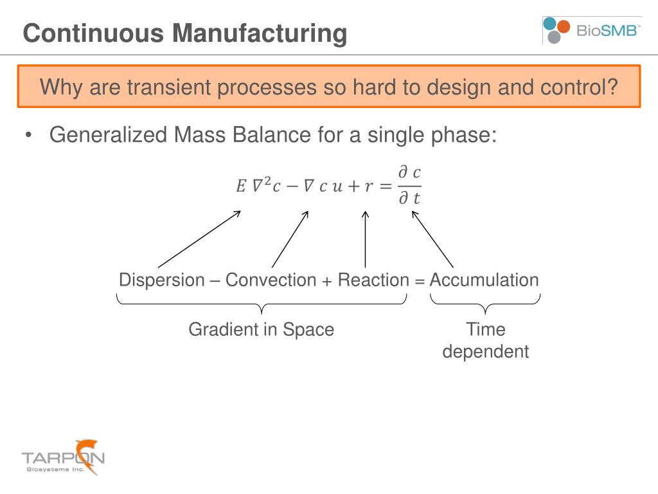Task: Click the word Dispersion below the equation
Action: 161,280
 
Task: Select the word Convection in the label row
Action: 271,280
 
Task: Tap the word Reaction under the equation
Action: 373,280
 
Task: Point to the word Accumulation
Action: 484,280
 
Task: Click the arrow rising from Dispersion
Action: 199,239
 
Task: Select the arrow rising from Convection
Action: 290,239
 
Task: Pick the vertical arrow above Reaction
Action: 366,239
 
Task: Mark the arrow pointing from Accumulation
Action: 432,240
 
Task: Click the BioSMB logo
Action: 591,30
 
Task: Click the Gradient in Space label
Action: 261,330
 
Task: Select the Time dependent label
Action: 486,341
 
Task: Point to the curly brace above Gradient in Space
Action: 262,303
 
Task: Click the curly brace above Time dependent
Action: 485,303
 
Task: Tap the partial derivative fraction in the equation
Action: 409,186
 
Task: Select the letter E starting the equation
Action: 240,187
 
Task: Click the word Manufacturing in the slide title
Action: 260,33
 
